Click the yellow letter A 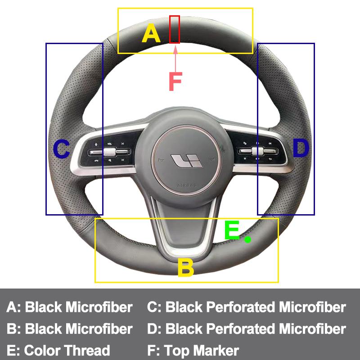151,33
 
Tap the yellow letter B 186,267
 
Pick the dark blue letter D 301,148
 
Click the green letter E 232,230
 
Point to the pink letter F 175,81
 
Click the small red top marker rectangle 175,29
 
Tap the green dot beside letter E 247,239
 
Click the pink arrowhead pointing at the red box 175,50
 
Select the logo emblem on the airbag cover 187,161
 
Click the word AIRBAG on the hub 187,185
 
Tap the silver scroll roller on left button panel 109,152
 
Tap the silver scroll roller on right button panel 257,151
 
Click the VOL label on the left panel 109,144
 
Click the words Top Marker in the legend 201,350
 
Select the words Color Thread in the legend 67,350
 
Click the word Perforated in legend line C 241,307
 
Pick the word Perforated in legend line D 241,328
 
